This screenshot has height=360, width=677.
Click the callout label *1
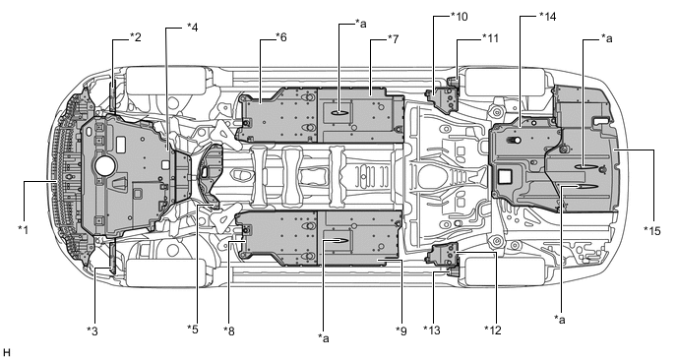[x=23, y=229]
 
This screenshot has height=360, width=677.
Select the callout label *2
[x=135, y=37]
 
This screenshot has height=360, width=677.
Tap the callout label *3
[x=92, y=331]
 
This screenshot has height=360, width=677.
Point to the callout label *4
[x=192, y=27]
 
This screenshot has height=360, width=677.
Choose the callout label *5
[x=193, y=330]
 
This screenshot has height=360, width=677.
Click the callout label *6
[x=280, y=37]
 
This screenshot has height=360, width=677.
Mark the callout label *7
[x=393, y=39]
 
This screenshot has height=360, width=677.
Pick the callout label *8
[x=229, y=331]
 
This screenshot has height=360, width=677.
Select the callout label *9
[x=401, y=331]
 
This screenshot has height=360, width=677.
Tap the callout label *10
[x=459, y=17]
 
